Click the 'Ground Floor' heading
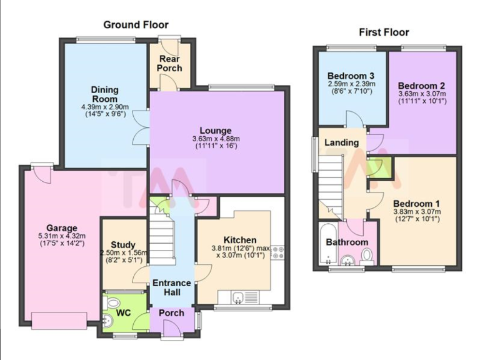136,25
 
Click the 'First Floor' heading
383,32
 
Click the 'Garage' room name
61,227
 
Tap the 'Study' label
123,244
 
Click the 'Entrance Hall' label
171,288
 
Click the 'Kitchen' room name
240,240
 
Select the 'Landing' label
342,142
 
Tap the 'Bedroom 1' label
417,204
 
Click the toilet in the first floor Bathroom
367,254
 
